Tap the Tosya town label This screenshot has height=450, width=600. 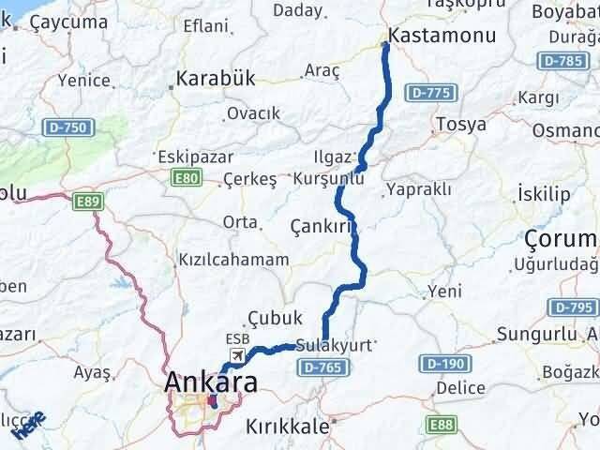click(x=460, y=124)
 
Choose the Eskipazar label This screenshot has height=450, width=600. click(x=188, y=156)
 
